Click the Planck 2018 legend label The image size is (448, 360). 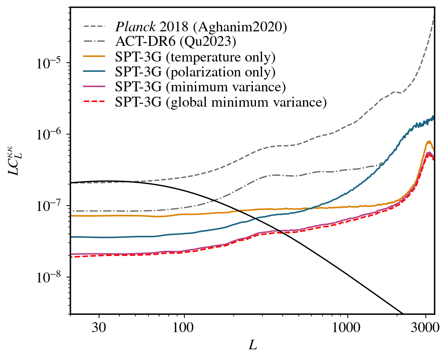point(201,27)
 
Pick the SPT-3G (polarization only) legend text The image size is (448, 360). point(195,72)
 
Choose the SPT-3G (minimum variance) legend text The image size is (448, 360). point(200,87)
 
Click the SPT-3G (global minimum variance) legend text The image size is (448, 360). point(221,102)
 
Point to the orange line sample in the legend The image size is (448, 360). point(94,57)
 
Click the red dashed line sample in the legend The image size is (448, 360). point(94,102)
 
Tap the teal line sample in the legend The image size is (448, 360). point(94,72)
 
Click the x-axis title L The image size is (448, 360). point(253,346)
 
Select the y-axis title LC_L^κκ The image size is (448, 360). point(15,161)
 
